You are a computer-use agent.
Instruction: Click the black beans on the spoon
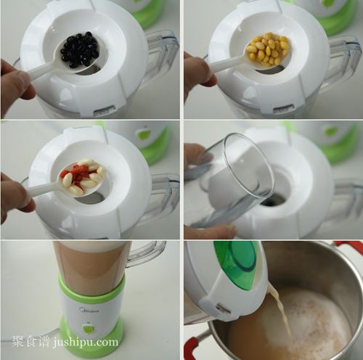point(79,49)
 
